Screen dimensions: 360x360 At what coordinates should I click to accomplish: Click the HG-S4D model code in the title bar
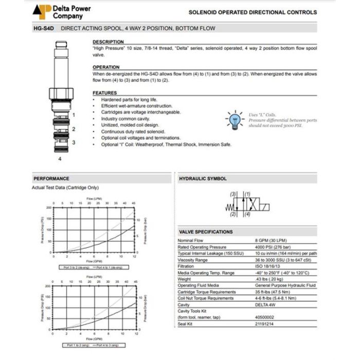(44, 28)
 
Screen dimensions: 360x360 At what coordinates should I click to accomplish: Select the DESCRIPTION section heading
(108, 42)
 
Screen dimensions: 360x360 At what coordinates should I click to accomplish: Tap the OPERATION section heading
(106, 67)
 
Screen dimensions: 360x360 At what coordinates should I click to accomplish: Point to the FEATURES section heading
(105, 93)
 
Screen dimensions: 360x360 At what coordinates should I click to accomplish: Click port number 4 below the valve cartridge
(59, 159)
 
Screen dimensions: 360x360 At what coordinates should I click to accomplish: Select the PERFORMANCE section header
(51, 179)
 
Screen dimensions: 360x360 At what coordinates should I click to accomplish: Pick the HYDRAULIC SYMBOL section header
(203, 179)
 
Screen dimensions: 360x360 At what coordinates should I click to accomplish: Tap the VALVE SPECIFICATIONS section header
(206, 232)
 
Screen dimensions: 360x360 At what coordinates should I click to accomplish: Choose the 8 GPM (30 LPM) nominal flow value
(272, 241)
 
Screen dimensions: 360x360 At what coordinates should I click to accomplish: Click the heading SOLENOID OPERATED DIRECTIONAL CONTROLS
(252, 12)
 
